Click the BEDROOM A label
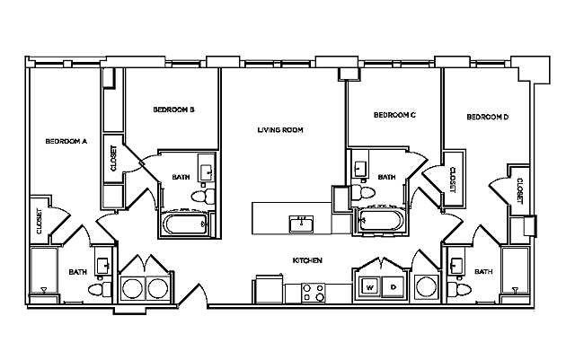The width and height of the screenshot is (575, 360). tap(66, 141)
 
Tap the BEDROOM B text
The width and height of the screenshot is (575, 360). tap(174, 110)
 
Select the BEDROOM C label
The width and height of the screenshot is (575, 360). tap(394, 115)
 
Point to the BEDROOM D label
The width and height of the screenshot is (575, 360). tap(488, 117)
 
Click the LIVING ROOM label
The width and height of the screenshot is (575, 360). tap(280, 130)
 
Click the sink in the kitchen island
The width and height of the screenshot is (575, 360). tap(299, 224)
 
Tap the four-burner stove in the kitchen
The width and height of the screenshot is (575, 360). tap(313, 292)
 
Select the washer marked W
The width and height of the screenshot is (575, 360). tap(369, 288)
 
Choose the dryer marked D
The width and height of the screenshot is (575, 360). tap(394, 288)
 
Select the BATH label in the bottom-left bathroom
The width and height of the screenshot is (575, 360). tap(78, 272)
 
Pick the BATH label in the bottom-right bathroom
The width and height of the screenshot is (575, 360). tap(483, 272)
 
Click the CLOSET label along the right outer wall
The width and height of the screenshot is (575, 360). tap(519, 189)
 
